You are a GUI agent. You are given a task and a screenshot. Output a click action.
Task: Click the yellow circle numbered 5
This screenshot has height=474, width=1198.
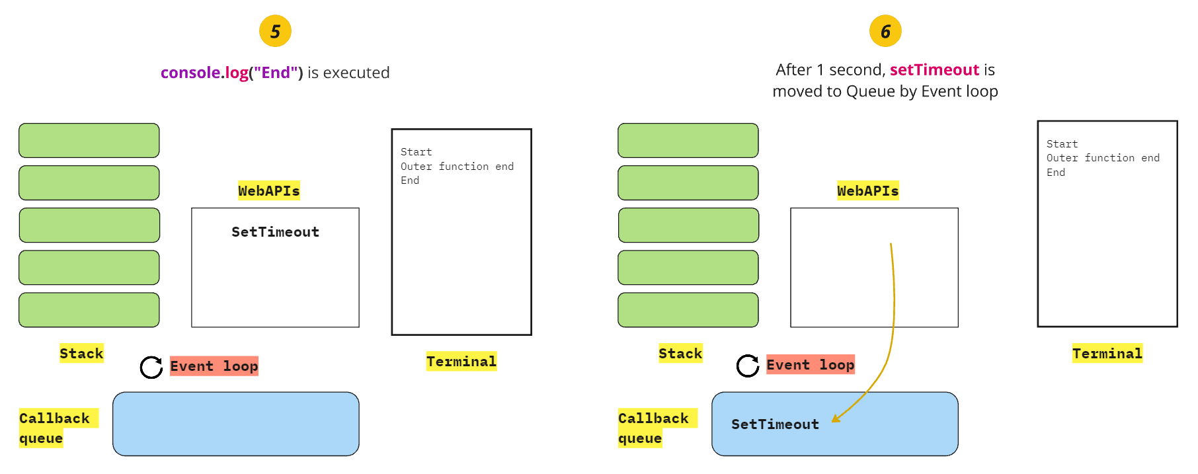point(275,31)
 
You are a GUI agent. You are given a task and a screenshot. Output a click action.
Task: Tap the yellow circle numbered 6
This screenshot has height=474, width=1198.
point(885,31)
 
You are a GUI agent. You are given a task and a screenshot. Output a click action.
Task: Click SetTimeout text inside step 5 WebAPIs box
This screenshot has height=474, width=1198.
point(275,232)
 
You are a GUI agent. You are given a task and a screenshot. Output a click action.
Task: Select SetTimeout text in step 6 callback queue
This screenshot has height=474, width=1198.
point(775,424)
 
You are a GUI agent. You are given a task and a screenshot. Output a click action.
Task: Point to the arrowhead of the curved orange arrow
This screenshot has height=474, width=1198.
point(834,419)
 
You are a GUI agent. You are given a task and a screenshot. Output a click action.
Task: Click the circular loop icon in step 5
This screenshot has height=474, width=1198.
point(151,367)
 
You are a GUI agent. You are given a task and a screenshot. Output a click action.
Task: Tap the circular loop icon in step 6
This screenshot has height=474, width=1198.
point(748,366)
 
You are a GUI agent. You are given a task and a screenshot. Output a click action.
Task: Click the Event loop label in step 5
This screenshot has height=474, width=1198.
point(214,366)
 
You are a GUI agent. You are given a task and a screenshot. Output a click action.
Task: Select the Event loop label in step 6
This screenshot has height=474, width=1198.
point(810,365)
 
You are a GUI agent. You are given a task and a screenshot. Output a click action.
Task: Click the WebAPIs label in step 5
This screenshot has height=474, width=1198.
point(268,191)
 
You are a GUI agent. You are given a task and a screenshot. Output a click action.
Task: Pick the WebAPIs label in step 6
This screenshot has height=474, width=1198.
point(867,191)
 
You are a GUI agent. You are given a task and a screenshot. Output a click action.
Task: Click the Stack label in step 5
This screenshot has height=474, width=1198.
point(81,354)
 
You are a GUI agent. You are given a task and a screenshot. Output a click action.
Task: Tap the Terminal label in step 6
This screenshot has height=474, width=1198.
point(1107,354)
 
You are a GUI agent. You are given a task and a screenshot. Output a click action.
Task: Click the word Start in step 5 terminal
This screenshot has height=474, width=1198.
point(416,152)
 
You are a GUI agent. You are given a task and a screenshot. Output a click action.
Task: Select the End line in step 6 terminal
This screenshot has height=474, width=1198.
point(1055,173)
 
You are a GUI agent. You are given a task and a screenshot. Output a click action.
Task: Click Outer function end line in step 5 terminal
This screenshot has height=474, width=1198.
point(457,167)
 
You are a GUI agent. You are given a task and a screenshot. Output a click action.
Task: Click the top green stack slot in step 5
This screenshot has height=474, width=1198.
point(89,140)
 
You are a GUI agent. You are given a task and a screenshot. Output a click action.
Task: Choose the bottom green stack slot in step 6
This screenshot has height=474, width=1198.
point(688,310)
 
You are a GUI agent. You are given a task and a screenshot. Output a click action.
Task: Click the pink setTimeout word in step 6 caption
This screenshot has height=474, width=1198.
point(934,70)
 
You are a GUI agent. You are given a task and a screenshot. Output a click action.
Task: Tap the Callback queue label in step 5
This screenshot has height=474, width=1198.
point(54,428)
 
